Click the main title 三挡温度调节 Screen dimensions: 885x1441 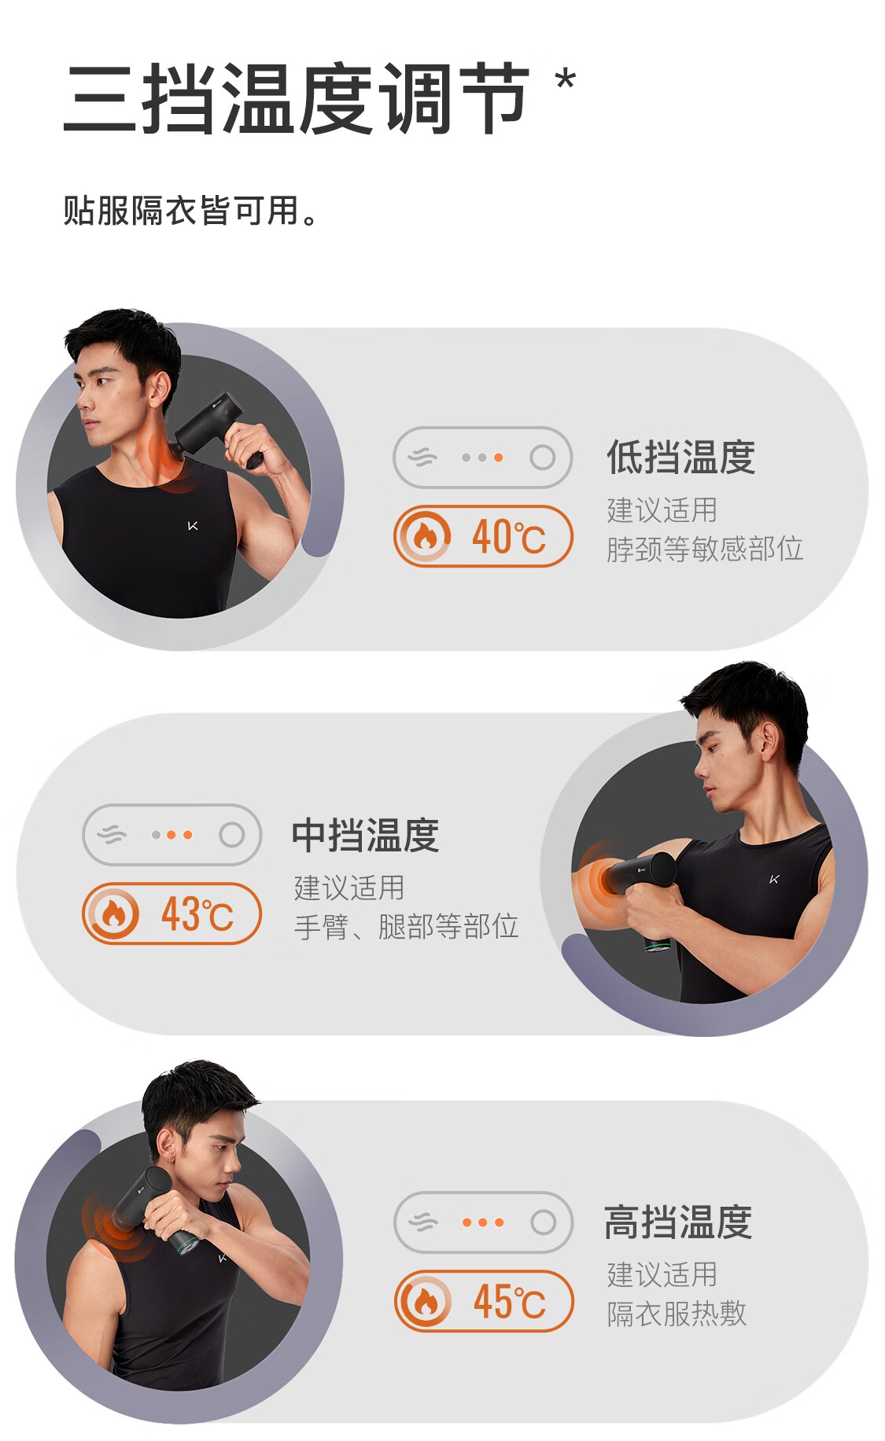(x=296, y=98)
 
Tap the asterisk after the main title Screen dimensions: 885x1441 (x=565, y=81)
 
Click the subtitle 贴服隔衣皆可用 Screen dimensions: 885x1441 (x=190, y=211)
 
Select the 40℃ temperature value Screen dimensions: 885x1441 (x=508, y=537)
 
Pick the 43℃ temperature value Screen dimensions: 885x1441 (x=197, y=914)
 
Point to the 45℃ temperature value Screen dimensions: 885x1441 (x=509, y=1302)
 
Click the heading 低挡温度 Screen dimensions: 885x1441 (x=680, y=457)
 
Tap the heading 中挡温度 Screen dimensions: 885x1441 (x=365, y=835)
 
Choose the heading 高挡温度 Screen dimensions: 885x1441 (x=678, y=1222)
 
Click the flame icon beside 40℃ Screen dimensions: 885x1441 (x=425, y=536)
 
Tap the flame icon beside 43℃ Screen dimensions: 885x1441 (x=113, y=913)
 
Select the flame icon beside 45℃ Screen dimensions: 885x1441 (x=426, y=1301)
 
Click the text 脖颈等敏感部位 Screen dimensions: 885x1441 (x=705, y=549)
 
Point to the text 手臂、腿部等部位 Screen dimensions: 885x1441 (x=406, y=927)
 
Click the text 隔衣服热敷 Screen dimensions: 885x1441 (x=677, y=1314)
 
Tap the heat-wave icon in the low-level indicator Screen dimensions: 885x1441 (x=422, y=457)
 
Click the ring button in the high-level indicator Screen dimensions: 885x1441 (x=543, y=1222)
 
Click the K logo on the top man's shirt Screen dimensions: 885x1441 (x=193, y=525)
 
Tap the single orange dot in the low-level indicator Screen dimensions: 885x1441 (x=498, y=458)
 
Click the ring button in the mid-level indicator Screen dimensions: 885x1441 (x=231, y=835)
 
